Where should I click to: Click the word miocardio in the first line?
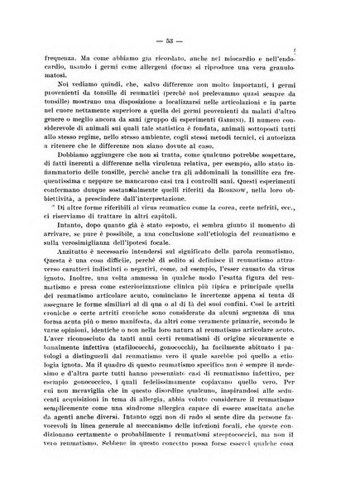257,60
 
